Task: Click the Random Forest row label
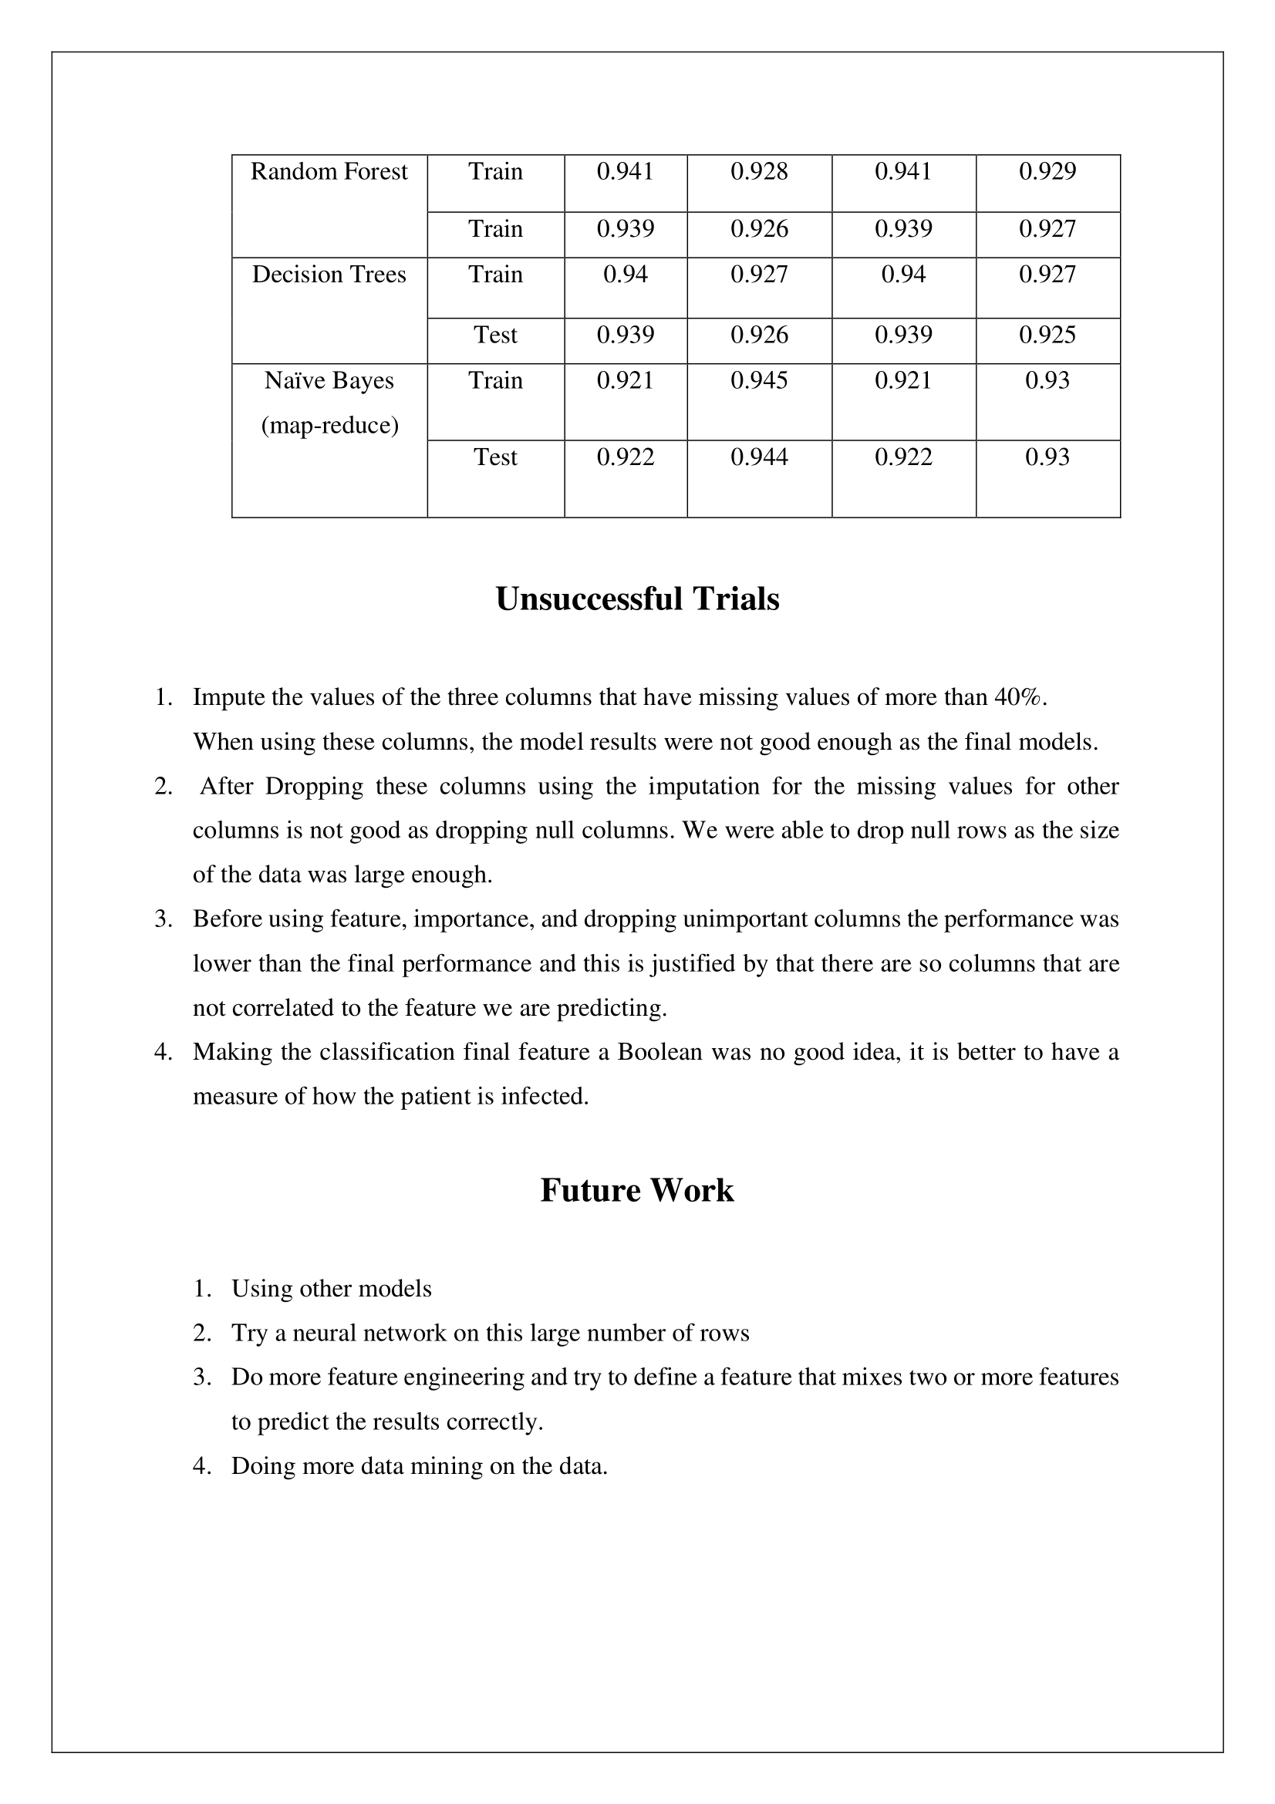click(x=329, y=172)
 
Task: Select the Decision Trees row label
click(x=329, y=275)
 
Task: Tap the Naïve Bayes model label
click(x=329, y=381)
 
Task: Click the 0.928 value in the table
click(x=759, y=172)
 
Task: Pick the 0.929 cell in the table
click(x=1047, y=172)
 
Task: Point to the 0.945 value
click(x=759, y=381)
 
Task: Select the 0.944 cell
click(x=759, y=457)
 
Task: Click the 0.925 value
click(x=1047, y=336)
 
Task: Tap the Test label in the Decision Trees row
click(x=496, y=336)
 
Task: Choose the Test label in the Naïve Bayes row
click(x=496, y=457)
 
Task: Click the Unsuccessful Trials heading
click(x=637, y=599)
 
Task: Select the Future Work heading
click(x=637, y=1190)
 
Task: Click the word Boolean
click(x=660, y=1052)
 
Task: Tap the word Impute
click(x=228, y=698)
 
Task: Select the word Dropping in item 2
click(x=314, y=787)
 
